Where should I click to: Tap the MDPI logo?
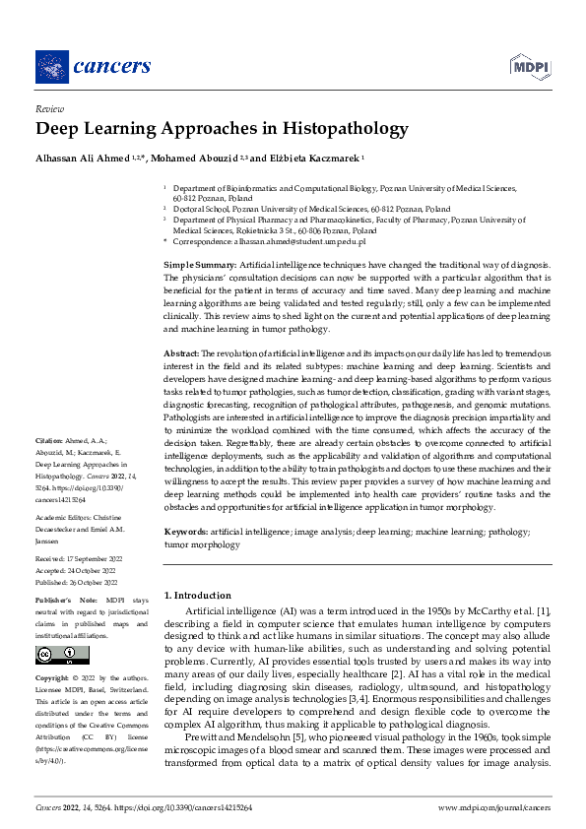(528, 67)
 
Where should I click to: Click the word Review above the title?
(48, 110)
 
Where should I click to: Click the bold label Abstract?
(181, 351)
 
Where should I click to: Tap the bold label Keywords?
(185, 532)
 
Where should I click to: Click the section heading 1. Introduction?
(197, 595)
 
